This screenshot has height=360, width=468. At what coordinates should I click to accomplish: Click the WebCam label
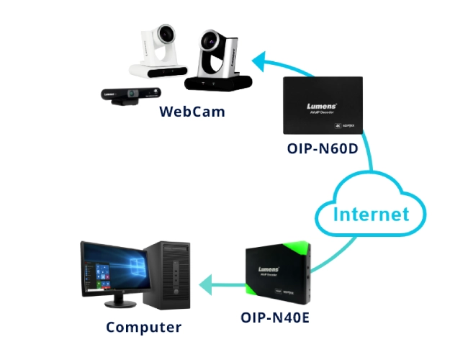tap(192, 112)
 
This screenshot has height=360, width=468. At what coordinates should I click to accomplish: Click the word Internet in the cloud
tap(370, 213)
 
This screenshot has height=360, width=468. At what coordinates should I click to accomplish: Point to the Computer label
tap(144, 328)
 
